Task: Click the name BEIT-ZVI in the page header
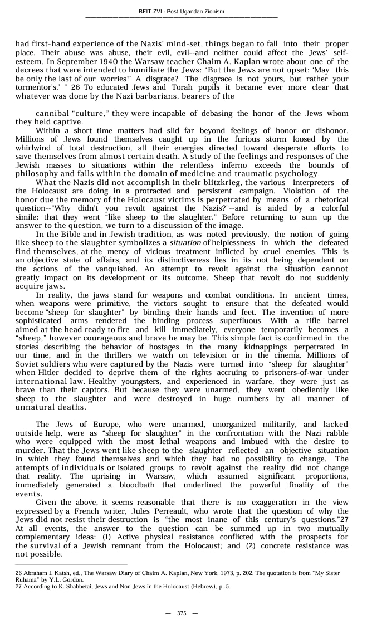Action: [151, 12]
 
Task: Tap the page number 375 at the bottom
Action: [182, 613]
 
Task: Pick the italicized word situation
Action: [185, 243]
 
